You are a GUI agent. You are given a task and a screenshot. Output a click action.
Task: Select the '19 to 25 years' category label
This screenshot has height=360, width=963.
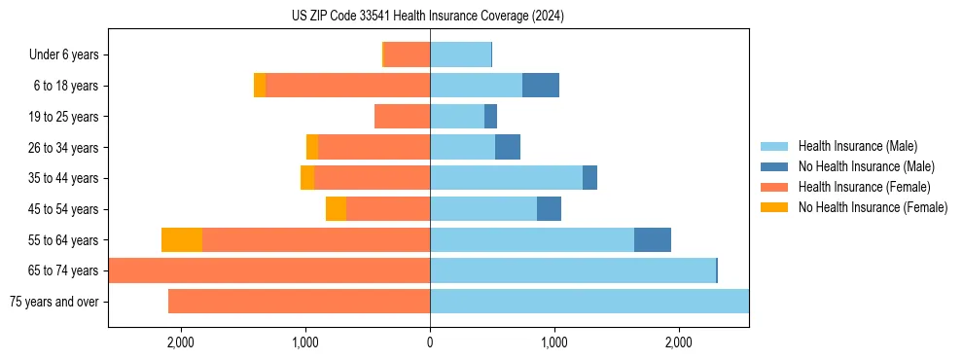coord(63,117)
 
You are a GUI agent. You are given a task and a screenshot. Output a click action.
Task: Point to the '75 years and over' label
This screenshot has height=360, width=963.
coord(53,302)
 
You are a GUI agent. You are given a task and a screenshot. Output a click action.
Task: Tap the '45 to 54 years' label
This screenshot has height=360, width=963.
coord(63,209)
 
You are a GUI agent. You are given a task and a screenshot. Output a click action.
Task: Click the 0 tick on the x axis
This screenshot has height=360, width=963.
coord(430,342)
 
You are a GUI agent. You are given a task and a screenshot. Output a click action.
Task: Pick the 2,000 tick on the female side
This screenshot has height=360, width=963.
coord(181,342)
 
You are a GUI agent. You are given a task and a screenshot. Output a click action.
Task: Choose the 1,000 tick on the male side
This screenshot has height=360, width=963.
coord(554,342)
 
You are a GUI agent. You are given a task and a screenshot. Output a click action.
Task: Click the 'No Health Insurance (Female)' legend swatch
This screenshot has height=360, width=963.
coord(775,207)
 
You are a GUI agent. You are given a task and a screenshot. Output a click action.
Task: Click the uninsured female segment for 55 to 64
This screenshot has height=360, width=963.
coord(182,239)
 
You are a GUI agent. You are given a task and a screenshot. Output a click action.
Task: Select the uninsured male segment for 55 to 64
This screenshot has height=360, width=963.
coord(653,239)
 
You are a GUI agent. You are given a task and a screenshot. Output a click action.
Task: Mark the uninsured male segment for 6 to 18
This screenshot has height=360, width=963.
coord(541,86)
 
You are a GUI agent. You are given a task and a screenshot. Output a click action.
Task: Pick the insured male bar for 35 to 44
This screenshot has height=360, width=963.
coord(506,178)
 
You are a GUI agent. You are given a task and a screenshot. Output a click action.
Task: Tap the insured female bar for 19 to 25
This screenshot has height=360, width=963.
coord(403,117)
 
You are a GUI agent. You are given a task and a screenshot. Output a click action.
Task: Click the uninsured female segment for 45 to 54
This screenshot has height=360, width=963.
coord(336,209)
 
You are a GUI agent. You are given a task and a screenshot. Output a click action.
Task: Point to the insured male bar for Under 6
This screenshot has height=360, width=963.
coord(460,55)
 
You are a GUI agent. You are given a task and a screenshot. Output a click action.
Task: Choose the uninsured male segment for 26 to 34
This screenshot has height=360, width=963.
coord(508,147)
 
